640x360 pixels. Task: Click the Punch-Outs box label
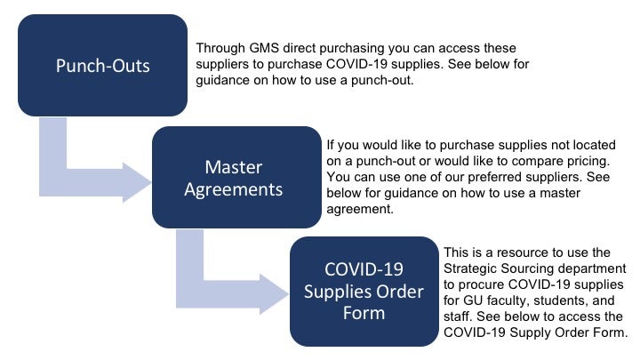(x=103, y=66)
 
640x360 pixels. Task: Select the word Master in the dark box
(x=234, y=167)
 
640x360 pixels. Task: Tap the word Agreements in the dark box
(x=234, y=190)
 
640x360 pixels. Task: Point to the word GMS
(x=264, y=48)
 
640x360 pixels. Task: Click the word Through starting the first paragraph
(x=220, y=49)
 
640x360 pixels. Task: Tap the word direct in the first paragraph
(x=300, y=48)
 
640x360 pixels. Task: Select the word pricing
(x=588, y=162)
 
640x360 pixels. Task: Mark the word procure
(x=481, y=285)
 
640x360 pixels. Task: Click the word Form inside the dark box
(x=364, y=313)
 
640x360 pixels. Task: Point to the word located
(x=595, y=145)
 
